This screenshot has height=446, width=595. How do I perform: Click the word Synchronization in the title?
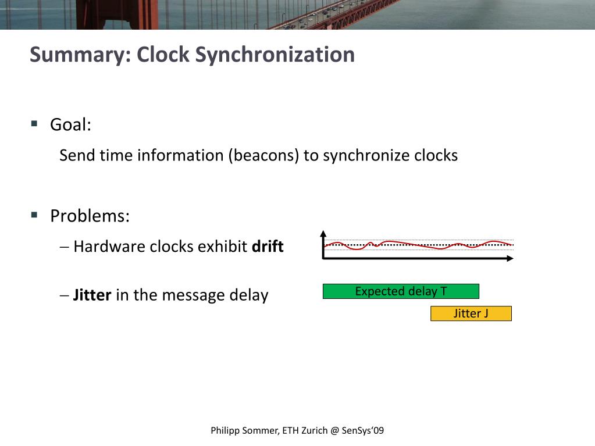[x=275, y=55]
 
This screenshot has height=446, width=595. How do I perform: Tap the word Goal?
[x=70, y=125]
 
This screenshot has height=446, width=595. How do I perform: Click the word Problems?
[x=90, y=216]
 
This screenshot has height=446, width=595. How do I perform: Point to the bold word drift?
[x=268, y=247]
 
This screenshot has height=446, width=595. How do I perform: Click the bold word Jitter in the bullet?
[x=92, y=295]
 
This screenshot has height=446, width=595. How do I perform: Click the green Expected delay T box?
[x=401, y=291]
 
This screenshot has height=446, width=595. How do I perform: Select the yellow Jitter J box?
[x=471, y=314]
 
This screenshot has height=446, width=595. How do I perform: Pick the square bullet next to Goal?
[x=34, y=124]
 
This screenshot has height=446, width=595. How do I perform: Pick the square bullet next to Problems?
[x=34, y=215]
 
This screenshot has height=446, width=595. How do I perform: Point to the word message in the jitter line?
[x=193, y=295]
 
